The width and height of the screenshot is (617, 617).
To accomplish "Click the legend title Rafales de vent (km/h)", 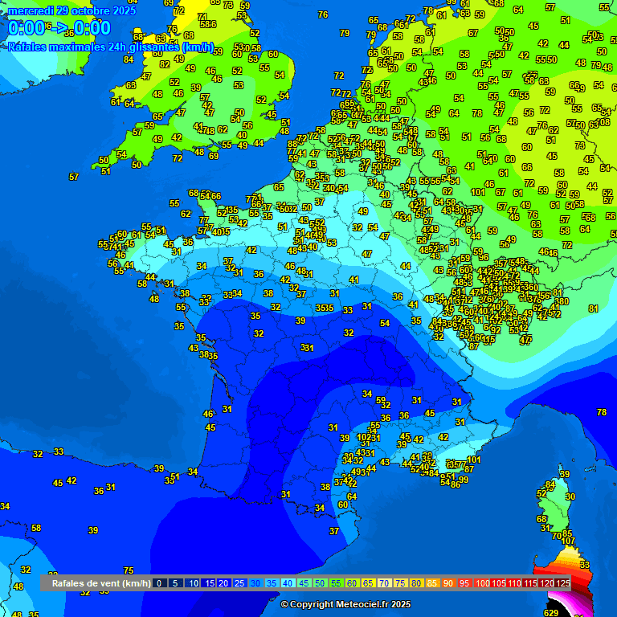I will coord(100,582).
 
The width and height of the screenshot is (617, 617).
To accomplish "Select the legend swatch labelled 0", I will coord(160,582).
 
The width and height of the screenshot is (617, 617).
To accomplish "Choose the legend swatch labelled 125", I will coord(563,582).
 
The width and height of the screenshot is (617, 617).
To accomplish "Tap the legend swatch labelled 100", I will coord(483,582).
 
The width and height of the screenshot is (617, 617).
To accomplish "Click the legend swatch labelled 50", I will coord(320,582).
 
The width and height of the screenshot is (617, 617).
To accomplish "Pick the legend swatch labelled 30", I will coord(255,582).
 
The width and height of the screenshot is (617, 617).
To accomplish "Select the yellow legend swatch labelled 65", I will coord(368,582).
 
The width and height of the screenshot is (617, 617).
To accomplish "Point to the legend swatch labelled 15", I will coord(208,582).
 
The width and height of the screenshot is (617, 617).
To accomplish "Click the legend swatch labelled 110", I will coord(515,582).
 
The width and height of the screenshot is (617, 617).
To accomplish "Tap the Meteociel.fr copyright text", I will coord(345,604).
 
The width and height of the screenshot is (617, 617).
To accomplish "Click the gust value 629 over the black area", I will coord(550,613).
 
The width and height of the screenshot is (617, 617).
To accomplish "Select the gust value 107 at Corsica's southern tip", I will coord(569,541).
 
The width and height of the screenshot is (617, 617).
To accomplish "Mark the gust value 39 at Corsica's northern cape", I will coord(564,474).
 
